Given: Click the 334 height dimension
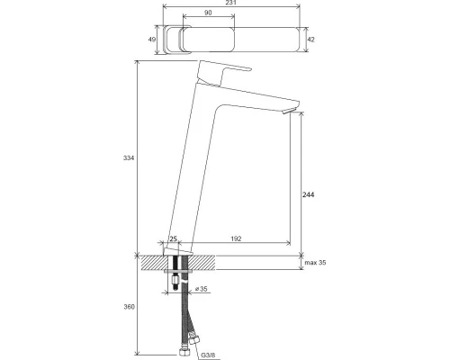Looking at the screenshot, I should (x=128, y=158).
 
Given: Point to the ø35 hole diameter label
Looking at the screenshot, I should (x=202, y=289).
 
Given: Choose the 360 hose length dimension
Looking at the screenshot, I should (x=128, y=307).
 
